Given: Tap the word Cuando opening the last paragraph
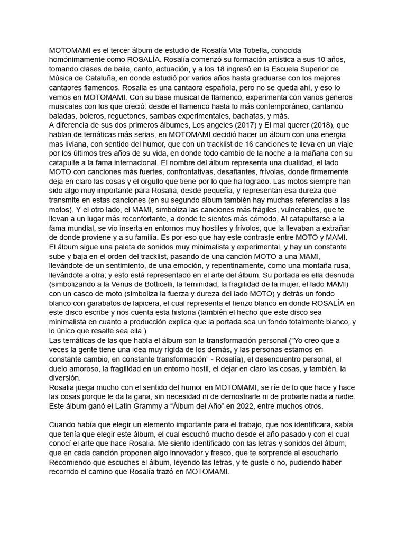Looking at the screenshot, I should click(x=63, y=424).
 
